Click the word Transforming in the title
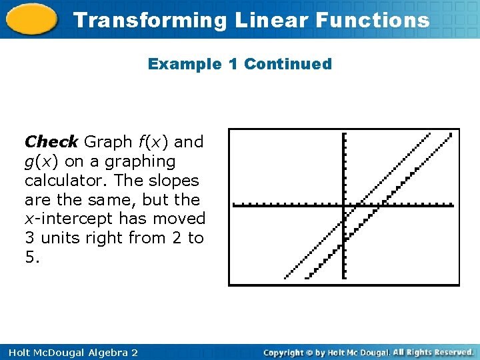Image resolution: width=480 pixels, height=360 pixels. click(x=150, y=20)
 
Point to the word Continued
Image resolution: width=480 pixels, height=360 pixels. click(x=288, y=64)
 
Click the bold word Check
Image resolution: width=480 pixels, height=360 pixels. click(x=51, y=142)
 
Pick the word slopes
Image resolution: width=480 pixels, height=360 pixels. click(x=175, y=181)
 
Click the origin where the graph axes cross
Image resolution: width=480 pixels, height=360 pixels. click(x=343, y=205)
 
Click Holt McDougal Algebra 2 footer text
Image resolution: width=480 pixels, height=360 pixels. click(x=70, y=352)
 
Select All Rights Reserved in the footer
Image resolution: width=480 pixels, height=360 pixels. click(x=433, y=352)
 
